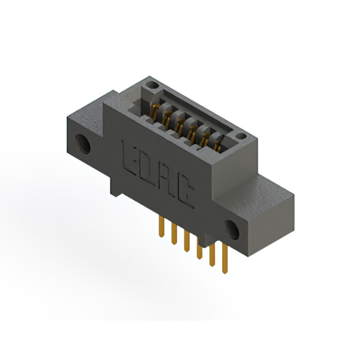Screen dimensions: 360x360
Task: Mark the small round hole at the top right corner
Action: click(241, 136)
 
